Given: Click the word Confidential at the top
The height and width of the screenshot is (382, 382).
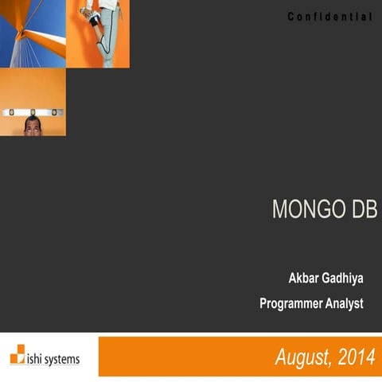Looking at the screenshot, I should [x=329, y=17].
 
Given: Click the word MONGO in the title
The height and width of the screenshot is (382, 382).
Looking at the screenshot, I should [x=299, y=209].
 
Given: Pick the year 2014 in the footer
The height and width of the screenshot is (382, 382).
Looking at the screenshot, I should [x=354, y=357].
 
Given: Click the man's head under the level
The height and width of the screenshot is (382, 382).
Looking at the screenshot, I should [x=32, y=127].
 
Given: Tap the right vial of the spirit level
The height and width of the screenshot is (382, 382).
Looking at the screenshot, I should [x=54, y=112].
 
